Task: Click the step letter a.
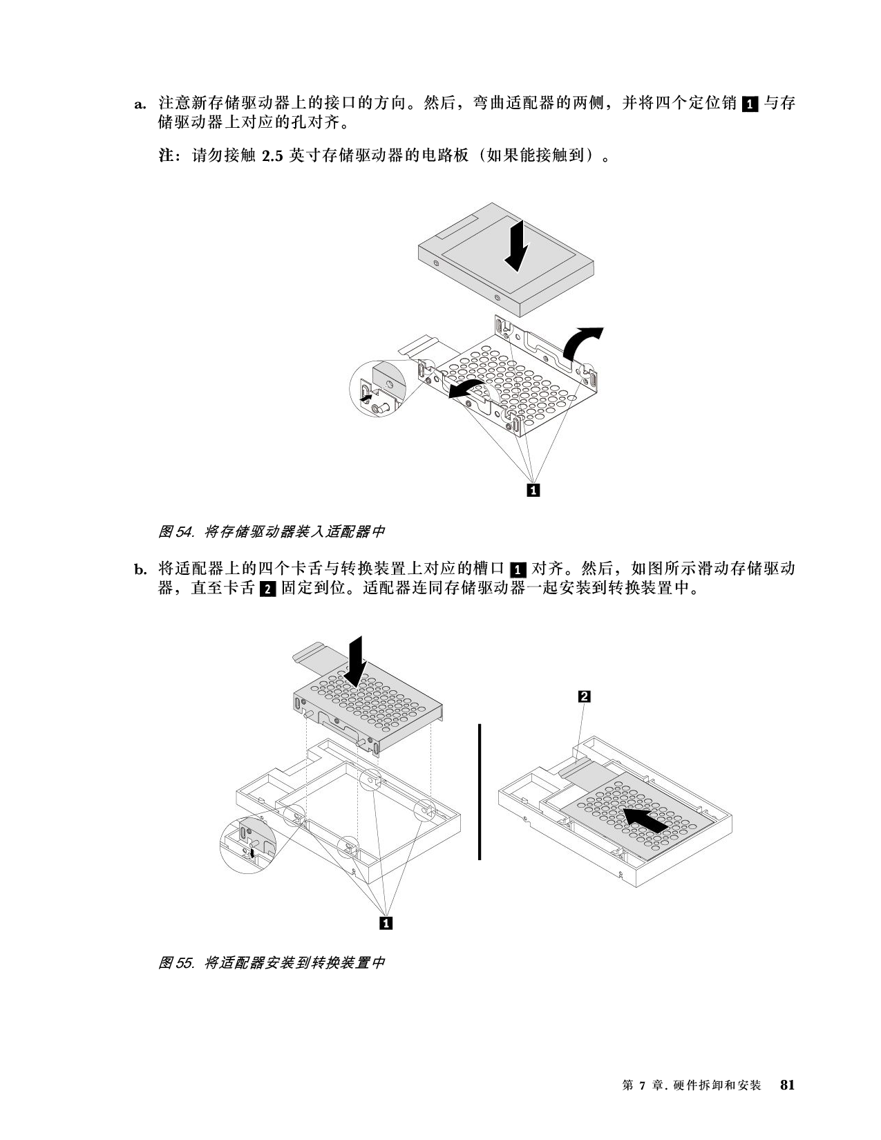click(140, 104)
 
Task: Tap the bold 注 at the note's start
click(166, 155)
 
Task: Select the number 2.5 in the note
click(272, 156)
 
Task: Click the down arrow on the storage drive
click(515, 245)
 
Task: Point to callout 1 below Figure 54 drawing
click(533, 490)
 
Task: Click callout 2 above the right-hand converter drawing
click(584, 696)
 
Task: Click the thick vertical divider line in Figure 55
click(480, 792)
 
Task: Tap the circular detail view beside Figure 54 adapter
click(377, 388)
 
